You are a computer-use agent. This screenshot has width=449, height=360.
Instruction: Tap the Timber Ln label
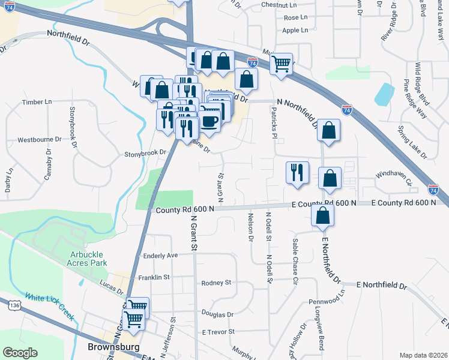tap(37, 102)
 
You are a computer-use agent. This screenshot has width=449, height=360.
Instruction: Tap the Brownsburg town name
tap(113, 347)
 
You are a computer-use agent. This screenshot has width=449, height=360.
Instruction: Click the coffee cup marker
tap(209, 120)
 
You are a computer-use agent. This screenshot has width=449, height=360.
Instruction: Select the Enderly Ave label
tap(161, 256)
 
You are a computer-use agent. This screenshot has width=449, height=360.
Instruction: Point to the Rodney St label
tap(216, 283)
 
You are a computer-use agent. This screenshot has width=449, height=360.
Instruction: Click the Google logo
tap(20, 353)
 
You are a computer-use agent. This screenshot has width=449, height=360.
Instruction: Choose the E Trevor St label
tap(218, 332)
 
